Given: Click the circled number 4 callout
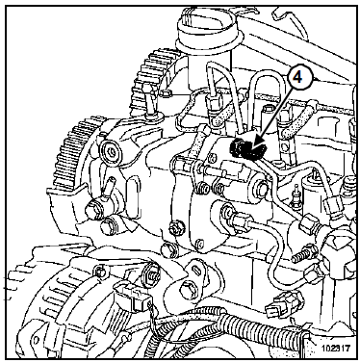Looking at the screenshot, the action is [298, 77].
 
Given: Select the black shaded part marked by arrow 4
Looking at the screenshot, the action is [248, 149].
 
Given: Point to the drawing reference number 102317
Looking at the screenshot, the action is [335, 348].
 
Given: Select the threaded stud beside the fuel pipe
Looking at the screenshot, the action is [302, 253].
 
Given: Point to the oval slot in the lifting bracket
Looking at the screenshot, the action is [196, 270].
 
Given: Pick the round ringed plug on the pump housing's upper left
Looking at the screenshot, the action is [112, 149].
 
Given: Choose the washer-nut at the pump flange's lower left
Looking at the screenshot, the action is [175, 227].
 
